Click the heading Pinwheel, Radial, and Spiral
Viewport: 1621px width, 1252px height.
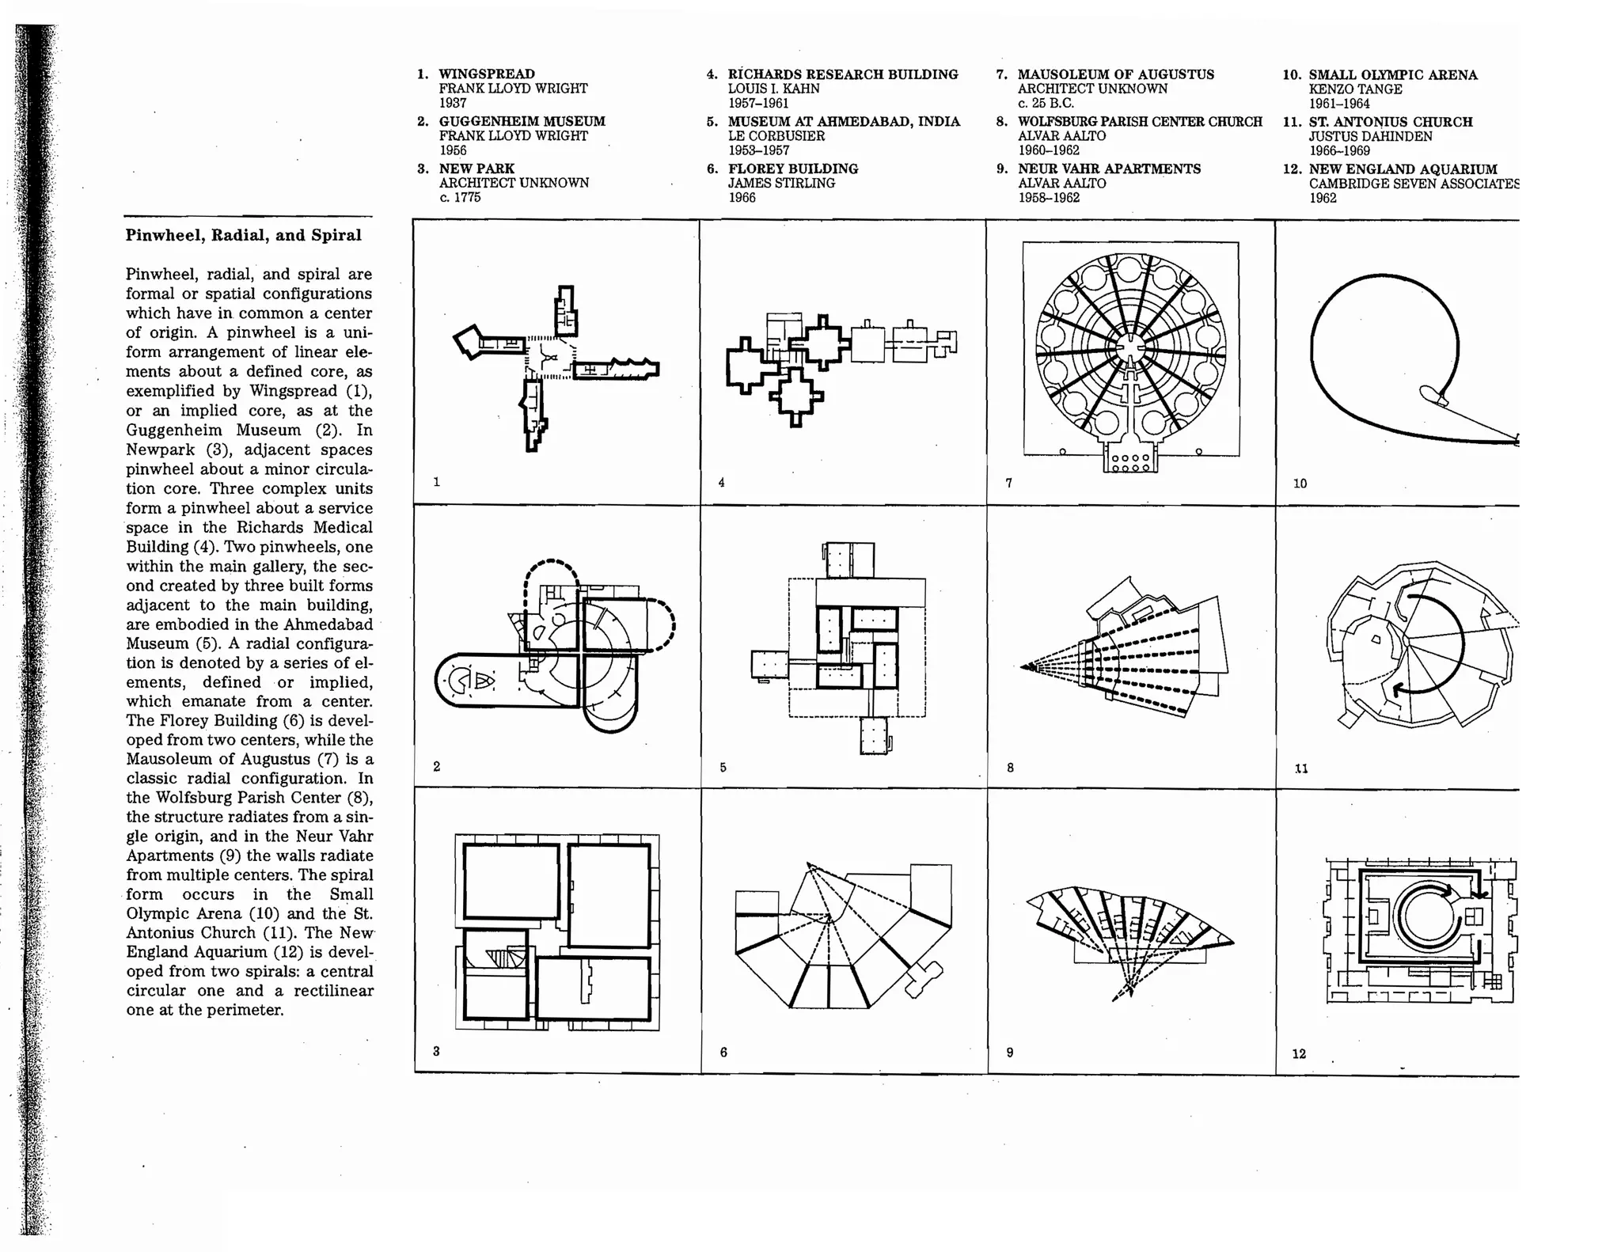243,235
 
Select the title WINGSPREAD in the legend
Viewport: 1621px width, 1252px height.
487,74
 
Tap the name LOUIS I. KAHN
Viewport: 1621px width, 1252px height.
773,89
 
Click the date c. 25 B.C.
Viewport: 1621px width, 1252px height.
1046,103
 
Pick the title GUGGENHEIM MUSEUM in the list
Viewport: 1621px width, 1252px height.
522,121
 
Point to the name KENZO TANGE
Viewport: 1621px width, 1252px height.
1355,89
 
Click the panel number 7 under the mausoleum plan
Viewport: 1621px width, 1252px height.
1008,483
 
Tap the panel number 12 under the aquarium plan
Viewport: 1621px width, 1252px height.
1299,1053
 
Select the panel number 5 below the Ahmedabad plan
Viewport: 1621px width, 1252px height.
723,767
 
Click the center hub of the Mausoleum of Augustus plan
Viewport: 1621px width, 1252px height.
1130,347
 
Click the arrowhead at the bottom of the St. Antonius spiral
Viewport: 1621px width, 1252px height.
1399,689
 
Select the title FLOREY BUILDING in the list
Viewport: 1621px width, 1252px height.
792,169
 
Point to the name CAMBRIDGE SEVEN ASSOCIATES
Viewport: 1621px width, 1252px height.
1414,184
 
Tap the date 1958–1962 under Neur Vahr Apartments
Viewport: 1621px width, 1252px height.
1049,197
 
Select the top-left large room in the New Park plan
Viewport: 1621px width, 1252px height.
511,881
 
